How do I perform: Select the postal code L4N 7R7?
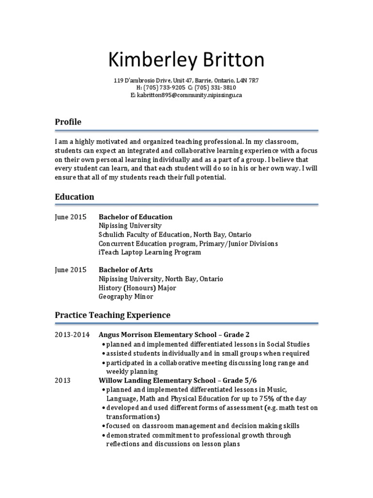[x=247, y=80]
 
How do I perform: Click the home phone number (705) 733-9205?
[x=165, y=88]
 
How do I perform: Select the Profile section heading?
[x=68, y=122]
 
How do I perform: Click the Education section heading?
[x=74, y=197]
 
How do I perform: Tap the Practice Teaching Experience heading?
[x=112, y=315]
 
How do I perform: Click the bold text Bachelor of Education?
[x=136, y=217]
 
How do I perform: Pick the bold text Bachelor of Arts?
[x=126, y=270]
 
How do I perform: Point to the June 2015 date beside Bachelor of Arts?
[x=70, y=270]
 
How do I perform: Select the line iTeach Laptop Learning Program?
[x=150, y=252]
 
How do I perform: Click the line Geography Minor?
[x=126, y=296]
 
